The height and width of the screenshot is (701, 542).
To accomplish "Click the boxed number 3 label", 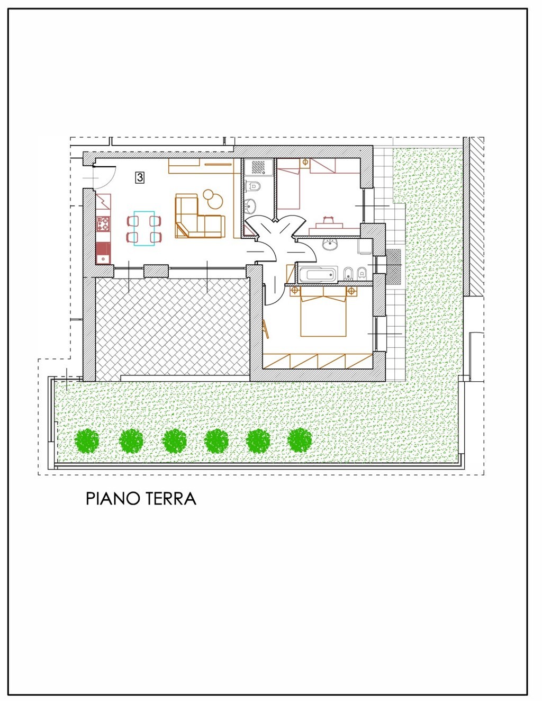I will (140, 177).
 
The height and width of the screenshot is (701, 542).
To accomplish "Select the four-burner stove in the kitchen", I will (103, 224).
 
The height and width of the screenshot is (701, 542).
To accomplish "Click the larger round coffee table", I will (216, 199).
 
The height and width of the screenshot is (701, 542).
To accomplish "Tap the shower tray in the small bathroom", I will (259, 168).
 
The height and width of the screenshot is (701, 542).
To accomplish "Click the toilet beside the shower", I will (254, 186).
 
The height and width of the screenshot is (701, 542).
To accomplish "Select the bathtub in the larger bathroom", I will (318, 274).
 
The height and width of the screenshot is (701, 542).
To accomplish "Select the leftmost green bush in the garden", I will (87, 441).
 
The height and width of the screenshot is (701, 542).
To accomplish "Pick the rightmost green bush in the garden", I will (300, 440).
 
